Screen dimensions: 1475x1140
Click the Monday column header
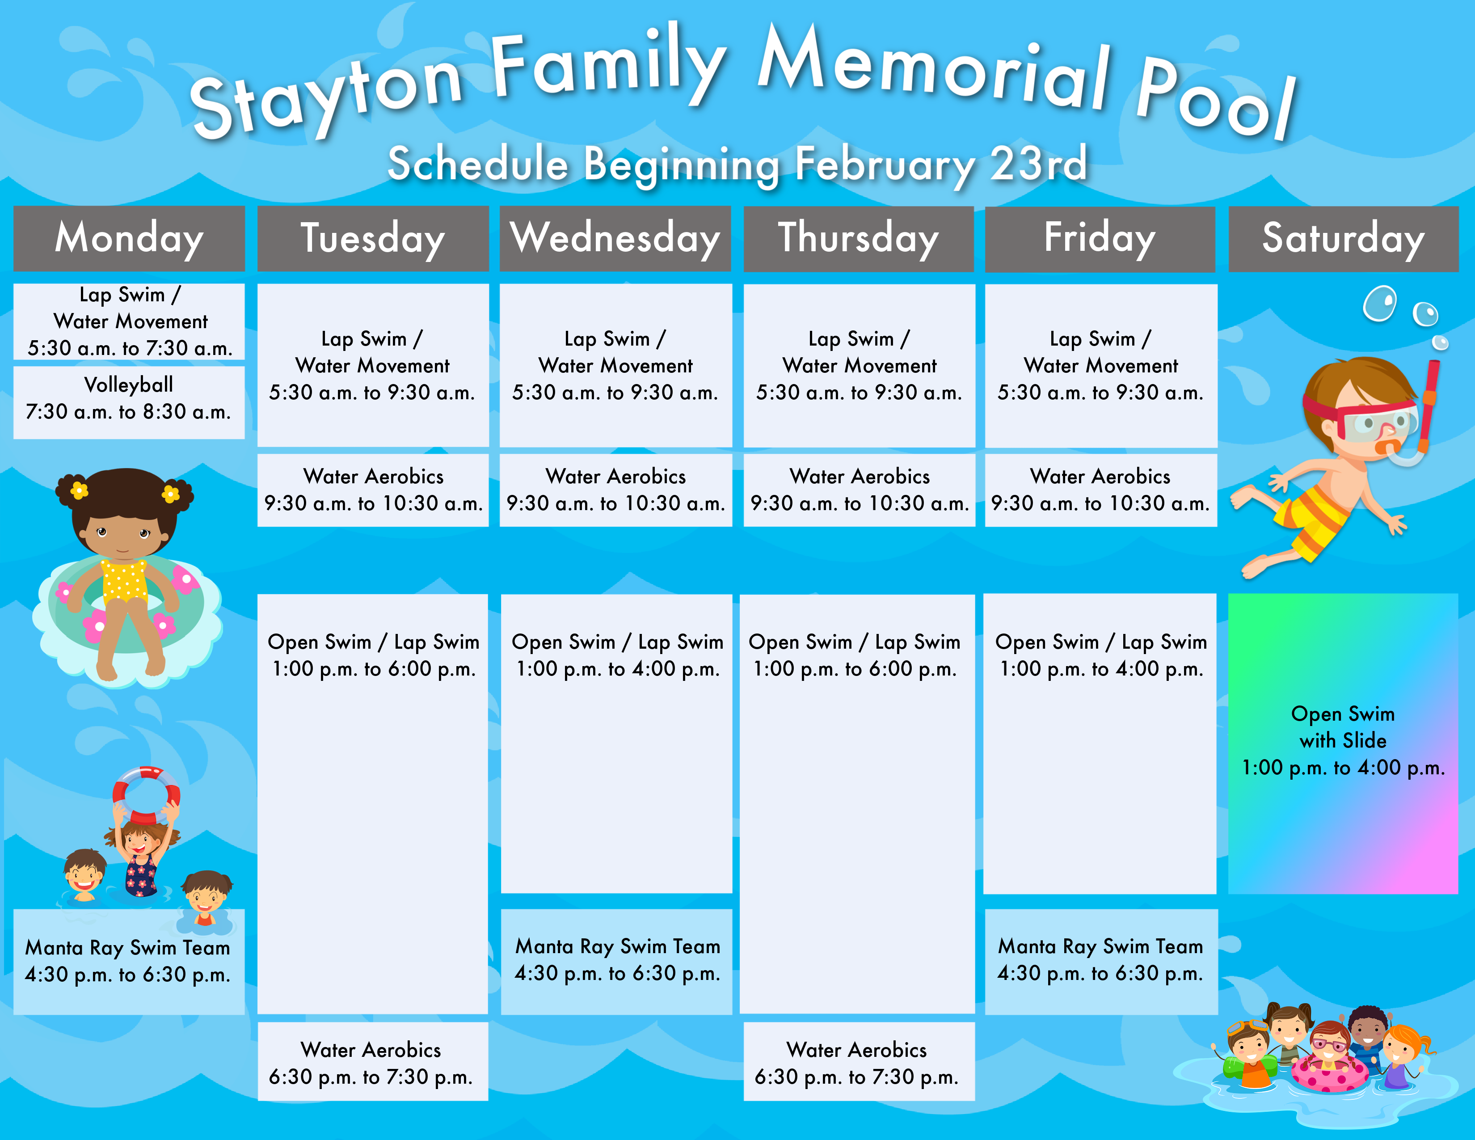129,238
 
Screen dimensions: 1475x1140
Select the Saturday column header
1343,238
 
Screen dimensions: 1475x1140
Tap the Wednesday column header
615,238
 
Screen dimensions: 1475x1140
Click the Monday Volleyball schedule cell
129,402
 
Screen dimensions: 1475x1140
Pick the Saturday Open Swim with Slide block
1343,743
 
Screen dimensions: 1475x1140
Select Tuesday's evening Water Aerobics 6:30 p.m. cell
373,1062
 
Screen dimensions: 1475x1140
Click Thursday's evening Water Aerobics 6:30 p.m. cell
859,1062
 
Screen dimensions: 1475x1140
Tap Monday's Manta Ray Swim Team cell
129,962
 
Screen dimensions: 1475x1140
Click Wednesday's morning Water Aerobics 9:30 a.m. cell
616,490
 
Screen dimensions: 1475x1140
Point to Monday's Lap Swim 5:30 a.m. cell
129,321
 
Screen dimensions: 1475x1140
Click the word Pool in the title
1216,98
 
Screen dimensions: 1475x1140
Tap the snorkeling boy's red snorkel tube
1428,405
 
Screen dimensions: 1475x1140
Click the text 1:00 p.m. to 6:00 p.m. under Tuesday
374,669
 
